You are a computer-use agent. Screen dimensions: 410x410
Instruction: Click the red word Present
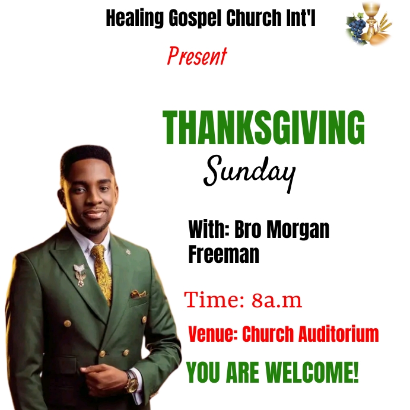click(x=197, y=56)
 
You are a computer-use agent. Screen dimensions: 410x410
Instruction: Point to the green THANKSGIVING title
click(x=264, y=128)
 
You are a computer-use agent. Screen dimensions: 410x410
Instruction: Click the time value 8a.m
click(x=276, y=300)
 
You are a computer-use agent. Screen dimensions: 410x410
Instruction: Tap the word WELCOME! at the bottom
click(x=312, y=373)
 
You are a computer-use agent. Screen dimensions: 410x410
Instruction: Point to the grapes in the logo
click(x=357, y=27)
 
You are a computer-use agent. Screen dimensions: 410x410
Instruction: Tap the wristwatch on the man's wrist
click(x=131, y=381)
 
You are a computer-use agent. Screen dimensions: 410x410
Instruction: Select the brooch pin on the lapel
click(x=80, y=274)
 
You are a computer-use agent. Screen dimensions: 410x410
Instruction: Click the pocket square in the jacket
click(x=138, y=293)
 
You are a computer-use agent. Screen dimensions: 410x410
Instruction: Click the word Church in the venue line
click(x=265, y=334)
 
